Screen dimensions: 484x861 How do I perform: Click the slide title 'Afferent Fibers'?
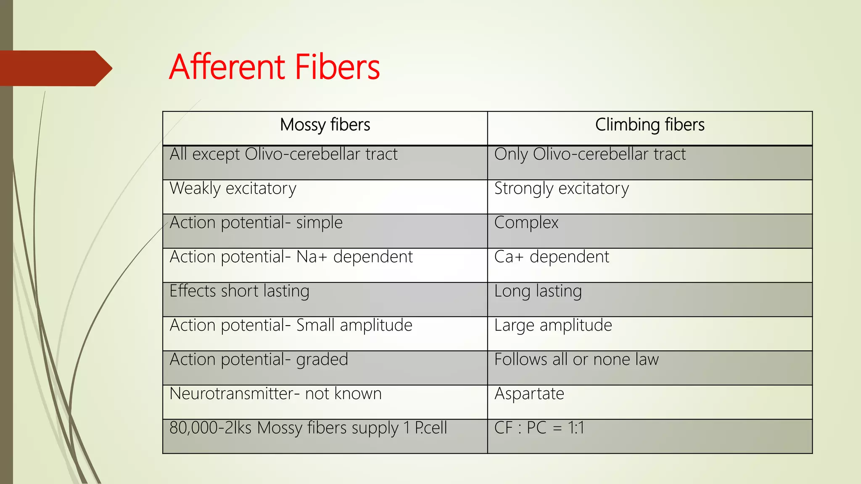pos(274,67)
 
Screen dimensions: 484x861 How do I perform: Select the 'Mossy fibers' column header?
pos(325,125)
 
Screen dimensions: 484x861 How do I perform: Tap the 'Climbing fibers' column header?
pos(650,125)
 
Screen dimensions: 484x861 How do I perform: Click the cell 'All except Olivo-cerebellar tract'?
pos(283,155)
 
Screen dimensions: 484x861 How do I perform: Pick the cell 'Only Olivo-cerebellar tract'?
pos(590,155)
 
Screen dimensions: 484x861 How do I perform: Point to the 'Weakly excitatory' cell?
pos(233,189)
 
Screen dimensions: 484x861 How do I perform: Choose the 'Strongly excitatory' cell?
pos(561,189)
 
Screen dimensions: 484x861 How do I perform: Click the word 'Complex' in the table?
pos(526,223)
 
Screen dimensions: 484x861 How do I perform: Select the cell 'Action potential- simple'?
pos(256,223)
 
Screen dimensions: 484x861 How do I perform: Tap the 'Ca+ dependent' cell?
pos(552,257)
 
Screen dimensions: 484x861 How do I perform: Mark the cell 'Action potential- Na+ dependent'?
pos(291,257)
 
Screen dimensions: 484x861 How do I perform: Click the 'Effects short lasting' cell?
pos(239,291)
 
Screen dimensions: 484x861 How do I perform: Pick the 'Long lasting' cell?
pos(538,291)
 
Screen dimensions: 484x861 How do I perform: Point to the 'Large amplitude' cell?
pos(553,325)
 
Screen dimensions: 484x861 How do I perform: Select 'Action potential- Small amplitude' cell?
pos(291,325)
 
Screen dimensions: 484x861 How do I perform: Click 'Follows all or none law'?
pos(576,360)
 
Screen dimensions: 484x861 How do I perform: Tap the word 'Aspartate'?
pos(529,394)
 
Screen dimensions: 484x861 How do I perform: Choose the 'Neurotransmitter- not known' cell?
pos(275,394)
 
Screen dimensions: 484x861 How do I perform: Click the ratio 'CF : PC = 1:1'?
pos(539,428)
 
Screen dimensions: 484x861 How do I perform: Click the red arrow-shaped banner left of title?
pos(55,68)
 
